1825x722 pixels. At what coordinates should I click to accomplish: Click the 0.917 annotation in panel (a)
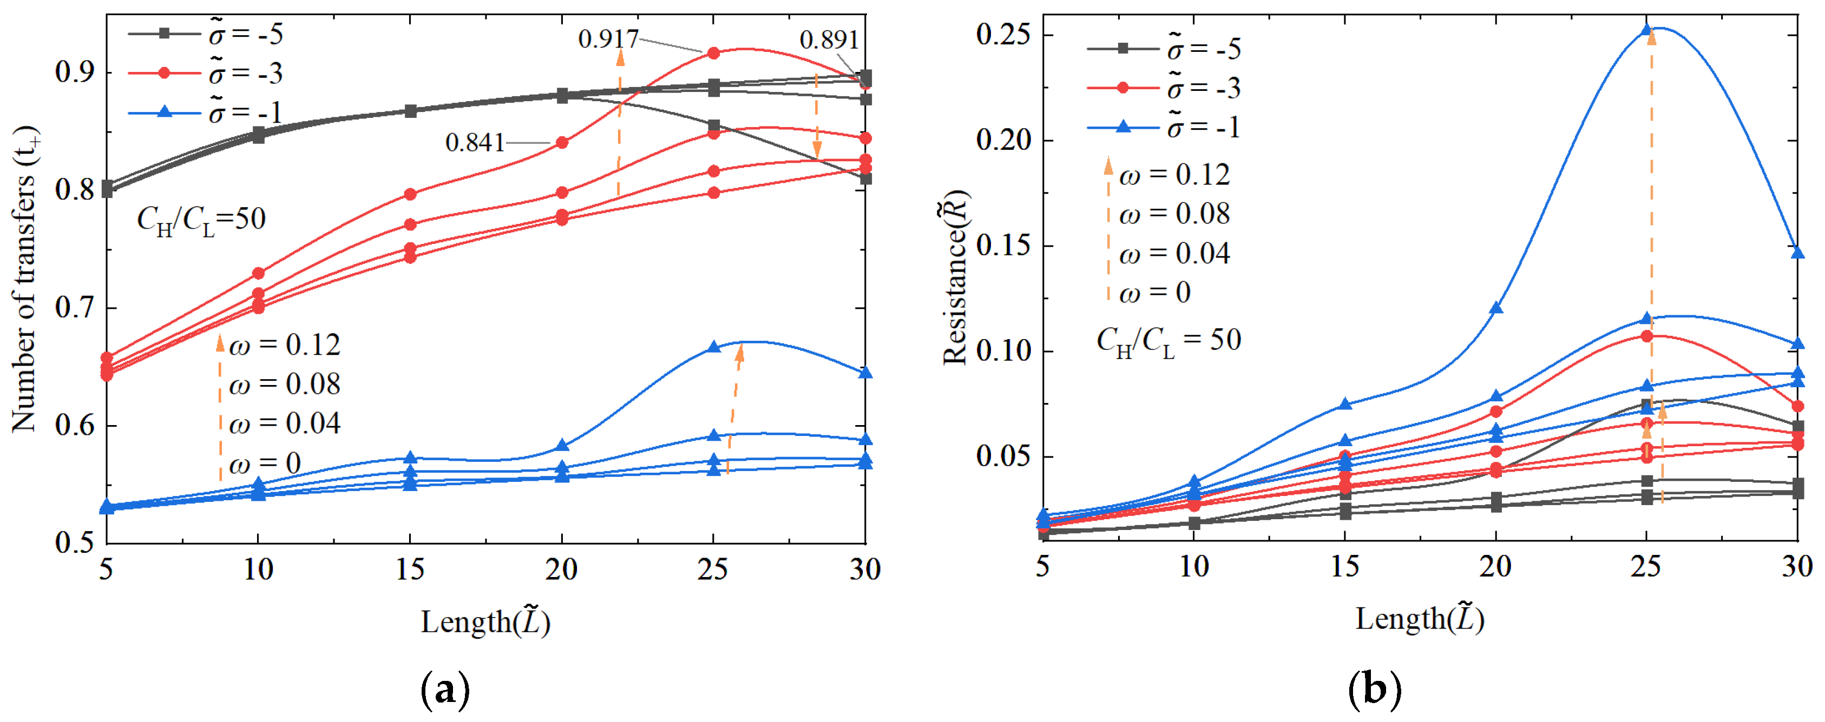(x=608, y=39)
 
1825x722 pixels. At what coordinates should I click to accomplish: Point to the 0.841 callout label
(x=474, y=143)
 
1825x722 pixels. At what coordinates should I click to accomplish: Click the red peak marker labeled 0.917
(x=713, y=53)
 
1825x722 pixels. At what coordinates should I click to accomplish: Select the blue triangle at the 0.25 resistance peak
(x=1646, y=30)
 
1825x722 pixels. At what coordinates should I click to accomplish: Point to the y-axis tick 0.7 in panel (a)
(x=76, y=309)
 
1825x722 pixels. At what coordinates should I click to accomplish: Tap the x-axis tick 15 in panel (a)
(x=410, y=569)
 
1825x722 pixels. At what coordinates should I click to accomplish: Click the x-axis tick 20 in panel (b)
(x=1495, y=566)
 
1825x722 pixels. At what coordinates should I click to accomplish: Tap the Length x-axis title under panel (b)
(x=1420, y=619)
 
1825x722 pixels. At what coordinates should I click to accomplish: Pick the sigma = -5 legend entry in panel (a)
(x=206, y=34)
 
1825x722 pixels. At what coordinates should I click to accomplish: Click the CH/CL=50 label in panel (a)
(x=201, y=220)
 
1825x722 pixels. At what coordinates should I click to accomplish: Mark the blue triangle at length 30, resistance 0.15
(x=1797, y=253)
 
